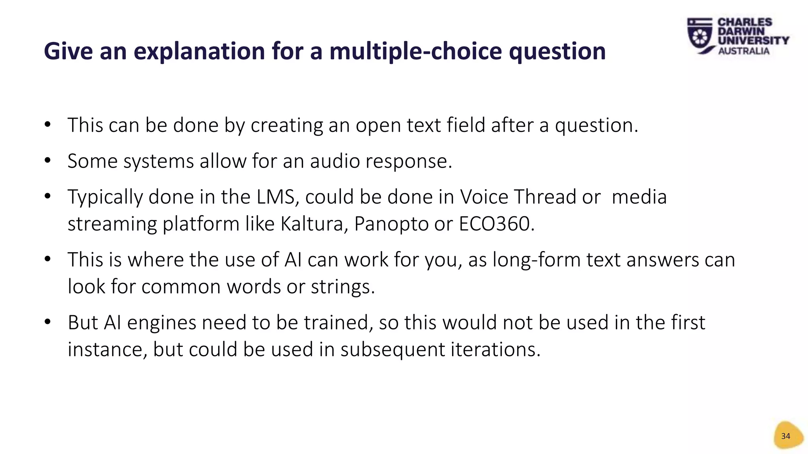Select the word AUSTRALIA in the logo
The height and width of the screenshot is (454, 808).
point(744,51)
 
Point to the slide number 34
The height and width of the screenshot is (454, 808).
point(786,436)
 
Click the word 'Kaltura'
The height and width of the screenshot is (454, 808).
point(314,224)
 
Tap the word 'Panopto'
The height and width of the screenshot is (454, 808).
point(391,224)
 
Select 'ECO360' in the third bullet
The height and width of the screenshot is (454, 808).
point(496,224)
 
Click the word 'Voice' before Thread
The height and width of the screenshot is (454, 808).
point(484,197)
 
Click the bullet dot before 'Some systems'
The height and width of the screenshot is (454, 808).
point(48,160)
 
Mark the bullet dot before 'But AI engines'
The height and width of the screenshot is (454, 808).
point(48,322)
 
